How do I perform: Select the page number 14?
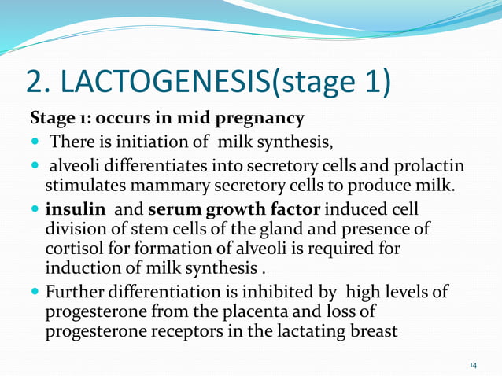(x=473, y=365)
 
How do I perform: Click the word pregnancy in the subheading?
(x=263, y=119)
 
